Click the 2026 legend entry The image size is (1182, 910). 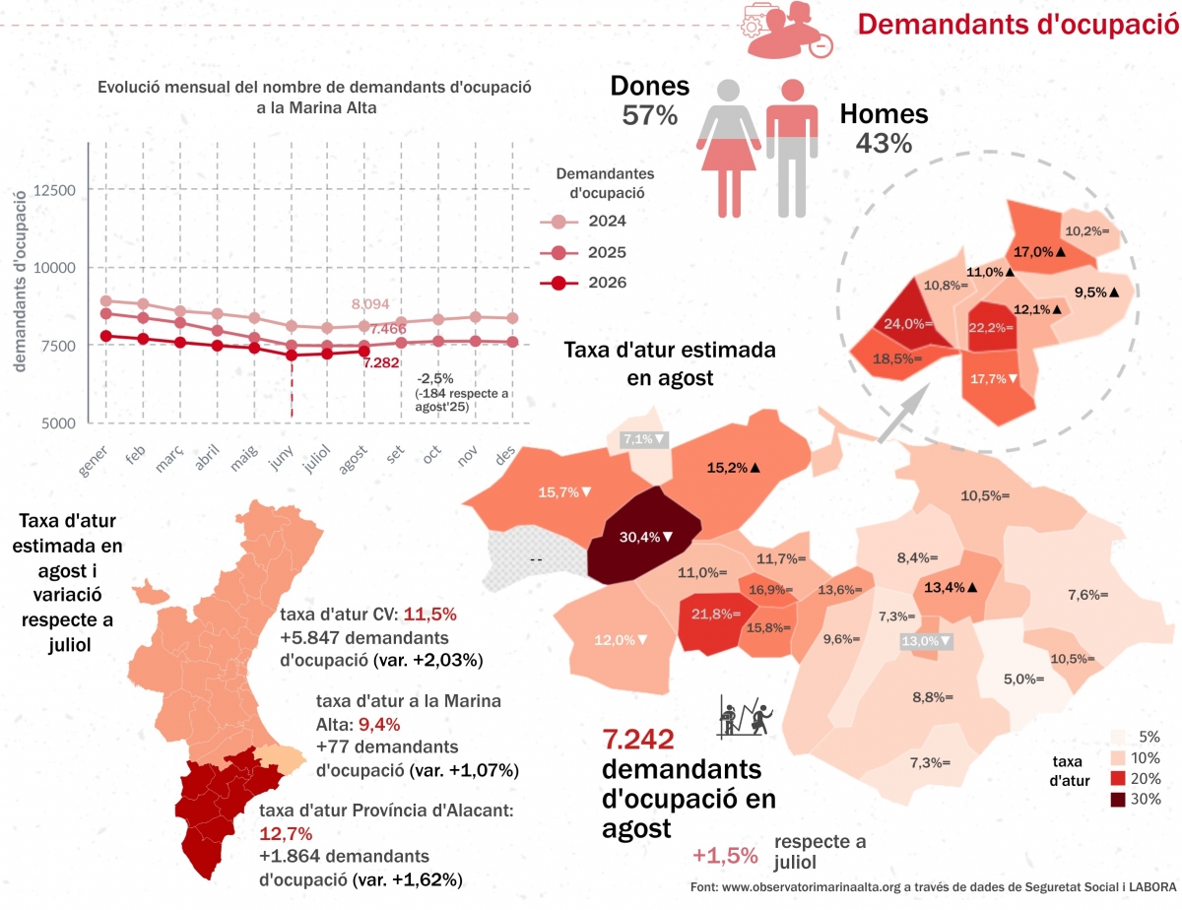tap(583, 283)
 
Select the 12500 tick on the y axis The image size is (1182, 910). tap(54, 190)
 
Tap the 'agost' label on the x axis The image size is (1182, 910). tap(354, 459)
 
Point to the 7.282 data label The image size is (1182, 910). tap(381, 362)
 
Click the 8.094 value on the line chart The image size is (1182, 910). tap(370, 304)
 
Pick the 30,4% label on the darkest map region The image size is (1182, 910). tap(646, 537)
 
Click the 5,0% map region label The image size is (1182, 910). tap(1023, 679)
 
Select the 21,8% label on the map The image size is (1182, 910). tap(716, 614)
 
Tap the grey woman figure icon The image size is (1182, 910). tap(729, 149)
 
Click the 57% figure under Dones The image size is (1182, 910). tap(650, 115)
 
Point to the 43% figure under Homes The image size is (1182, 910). tap(884, 144)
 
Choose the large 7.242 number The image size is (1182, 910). tap(638, 740)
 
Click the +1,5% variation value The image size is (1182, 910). tap(725, 855)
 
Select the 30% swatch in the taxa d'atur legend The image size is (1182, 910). tap(1118, 800)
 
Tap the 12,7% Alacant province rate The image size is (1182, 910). tap(286, 833)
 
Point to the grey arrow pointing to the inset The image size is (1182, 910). tap(903, 414)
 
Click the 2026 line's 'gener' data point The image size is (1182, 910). tap(106, 336)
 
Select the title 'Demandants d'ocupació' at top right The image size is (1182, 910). tap(1018, 25)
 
